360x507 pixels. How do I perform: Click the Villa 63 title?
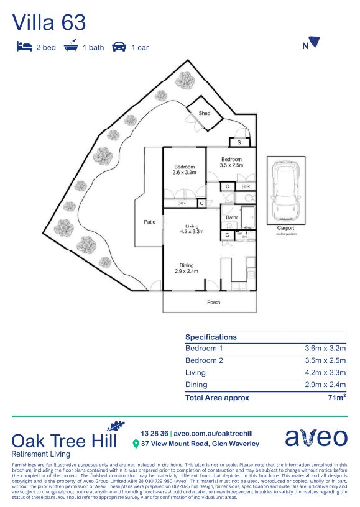tap(49, 22)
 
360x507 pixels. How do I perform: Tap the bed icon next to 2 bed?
tap(24, 47)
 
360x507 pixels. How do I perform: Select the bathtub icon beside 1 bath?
tap(70, 47)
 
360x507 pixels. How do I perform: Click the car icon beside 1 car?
tap(119, 47)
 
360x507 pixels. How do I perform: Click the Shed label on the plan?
tap(204, 114)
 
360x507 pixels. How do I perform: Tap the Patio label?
tap(149, 221)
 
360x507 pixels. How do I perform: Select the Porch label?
tap(213, 303)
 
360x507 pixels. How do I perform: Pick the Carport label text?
tap(286, 228)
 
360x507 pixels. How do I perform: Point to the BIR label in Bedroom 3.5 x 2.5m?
tap(246, 186)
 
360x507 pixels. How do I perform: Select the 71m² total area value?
tap(336, 398)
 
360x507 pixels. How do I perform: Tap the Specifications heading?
tap(211, 337)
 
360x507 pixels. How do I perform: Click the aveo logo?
tap(316, 437)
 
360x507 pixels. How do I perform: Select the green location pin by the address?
tap(136, 444)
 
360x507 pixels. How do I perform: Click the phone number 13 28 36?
tap(153, 432)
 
